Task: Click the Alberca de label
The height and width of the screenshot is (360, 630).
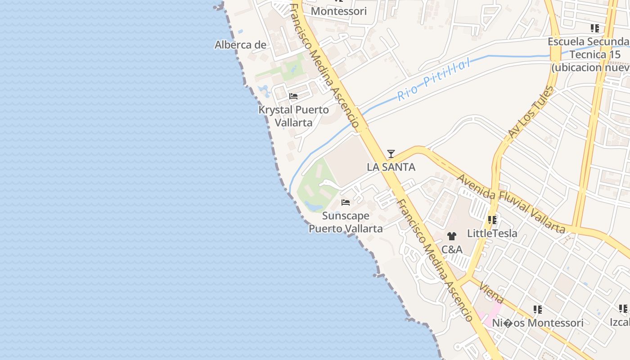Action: point(240,45)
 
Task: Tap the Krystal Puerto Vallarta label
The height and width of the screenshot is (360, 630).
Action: point(293,116)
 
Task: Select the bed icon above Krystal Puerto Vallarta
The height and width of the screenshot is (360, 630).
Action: point(293,96)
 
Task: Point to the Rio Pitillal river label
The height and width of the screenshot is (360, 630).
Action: point(434,79)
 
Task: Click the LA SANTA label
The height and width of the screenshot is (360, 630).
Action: point(391,167)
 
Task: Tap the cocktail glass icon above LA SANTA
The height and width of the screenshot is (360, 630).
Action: point(391,154)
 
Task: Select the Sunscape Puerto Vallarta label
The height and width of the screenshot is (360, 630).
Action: point(346,222)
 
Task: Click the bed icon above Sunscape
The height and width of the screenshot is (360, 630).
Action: point(346,202)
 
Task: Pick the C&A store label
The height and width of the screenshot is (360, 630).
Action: point(452,249)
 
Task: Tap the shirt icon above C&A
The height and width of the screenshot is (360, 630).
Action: point(452,236)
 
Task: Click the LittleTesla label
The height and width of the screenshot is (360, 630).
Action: point(492,233)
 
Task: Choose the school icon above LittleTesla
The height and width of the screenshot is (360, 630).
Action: point(492,220)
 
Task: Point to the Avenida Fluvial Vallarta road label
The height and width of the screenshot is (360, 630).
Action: point(511,204)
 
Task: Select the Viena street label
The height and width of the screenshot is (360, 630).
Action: point(491,293)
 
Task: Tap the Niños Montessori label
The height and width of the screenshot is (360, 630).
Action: point(537,323)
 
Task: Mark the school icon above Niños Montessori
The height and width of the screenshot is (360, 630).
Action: point(537,310)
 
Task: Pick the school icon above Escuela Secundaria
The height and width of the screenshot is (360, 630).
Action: point(594,28)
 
